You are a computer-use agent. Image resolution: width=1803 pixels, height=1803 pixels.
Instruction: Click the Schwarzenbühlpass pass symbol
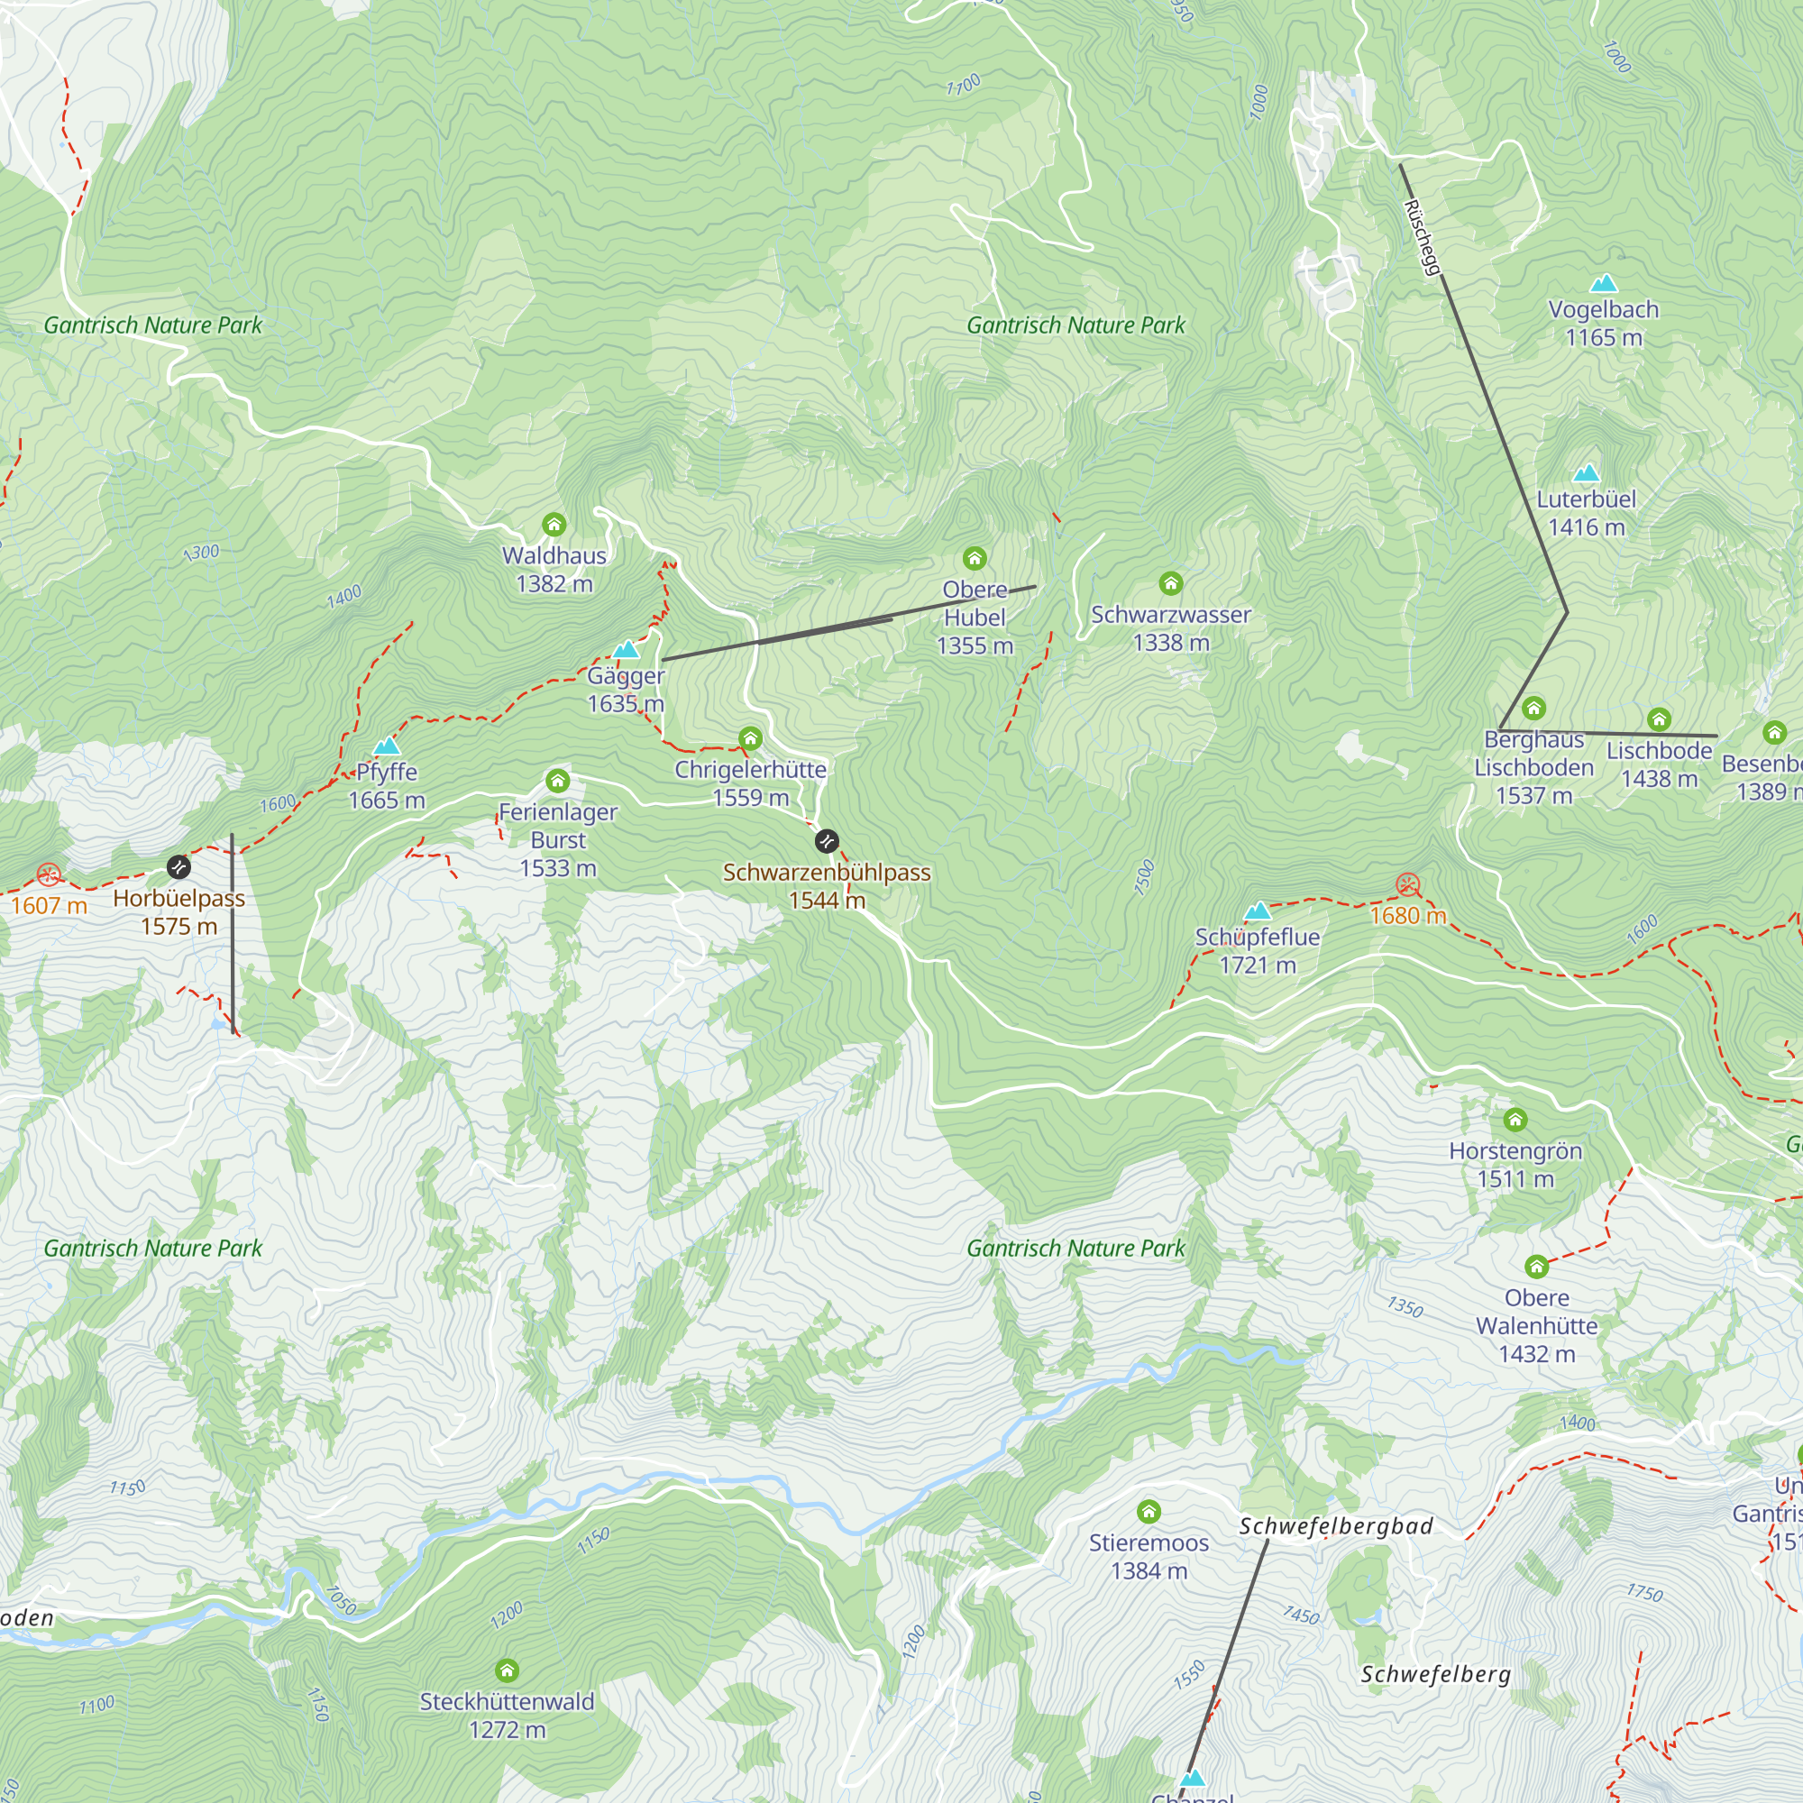click(x=827, y=841)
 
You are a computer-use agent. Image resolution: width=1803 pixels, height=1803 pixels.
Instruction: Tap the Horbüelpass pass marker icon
click(x=178, y=867)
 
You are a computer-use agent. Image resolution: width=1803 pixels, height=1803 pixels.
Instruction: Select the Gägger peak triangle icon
click(x=626, y=649)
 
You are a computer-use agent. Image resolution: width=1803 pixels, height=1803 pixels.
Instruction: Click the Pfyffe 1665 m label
click(x=387, y=786)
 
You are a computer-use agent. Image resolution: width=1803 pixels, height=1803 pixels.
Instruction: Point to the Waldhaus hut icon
click(x=554, y=525)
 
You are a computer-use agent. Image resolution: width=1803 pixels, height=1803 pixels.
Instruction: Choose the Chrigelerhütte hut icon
click(x=750, y=739)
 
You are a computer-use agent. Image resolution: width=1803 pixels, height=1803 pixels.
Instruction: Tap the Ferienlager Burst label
click(x=558, y=839)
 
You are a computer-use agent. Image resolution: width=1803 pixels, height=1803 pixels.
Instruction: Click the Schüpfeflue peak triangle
click(x=1258, y=911)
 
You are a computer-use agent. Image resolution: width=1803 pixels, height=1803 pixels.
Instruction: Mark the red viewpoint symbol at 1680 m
click(x=1408, y=884)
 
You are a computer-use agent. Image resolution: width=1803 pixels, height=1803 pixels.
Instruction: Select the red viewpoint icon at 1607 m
click(x=49, y=874)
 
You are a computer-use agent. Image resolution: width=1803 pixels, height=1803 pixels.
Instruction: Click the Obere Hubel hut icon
click(x=975, y=558)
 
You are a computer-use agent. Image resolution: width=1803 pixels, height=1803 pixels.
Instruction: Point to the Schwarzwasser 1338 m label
click(x=1170, y=628)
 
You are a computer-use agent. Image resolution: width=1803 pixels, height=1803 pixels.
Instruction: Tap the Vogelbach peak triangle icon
click(x=1603, y=283)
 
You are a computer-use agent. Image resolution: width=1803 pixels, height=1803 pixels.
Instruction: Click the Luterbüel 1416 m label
click(x=1587, y=512)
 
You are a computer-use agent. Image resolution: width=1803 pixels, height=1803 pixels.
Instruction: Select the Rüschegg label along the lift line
click(x=1423, y=239)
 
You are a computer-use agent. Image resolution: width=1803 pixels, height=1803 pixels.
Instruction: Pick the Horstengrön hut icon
click(x=1515, y=1119)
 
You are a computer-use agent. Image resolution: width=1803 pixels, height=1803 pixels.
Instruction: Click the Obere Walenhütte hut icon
click(x=1536, y=1267)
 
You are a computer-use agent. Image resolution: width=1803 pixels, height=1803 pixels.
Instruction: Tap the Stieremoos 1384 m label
click(x=1149, y=1557)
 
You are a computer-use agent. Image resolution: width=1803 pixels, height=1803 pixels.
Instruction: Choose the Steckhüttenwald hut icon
click(x=507, y=1670)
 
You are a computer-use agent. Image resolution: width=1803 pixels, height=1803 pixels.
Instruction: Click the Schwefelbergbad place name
click(x=1335, y=1527)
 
